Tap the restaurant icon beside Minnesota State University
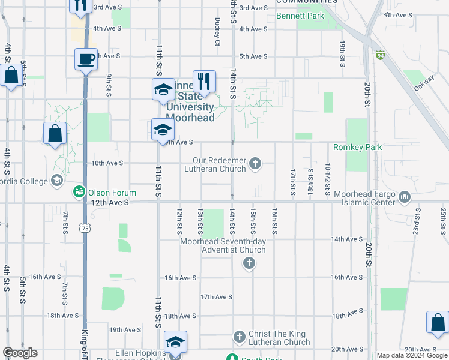click(204, 81)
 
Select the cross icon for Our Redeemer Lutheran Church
click(255, 163)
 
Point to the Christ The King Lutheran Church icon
click(239, 337)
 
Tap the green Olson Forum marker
click(79, 192)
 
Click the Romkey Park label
click(358, 147)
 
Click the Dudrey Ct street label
click(217, 31)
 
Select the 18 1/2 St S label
click(328, 178)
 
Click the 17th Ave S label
click(215, 297)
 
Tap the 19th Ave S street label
click(124, 330)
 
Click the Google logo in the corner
click(20, 353)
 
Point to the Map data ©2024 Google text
click(411, 355)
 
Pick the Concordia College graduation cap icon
click(56, 180)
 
